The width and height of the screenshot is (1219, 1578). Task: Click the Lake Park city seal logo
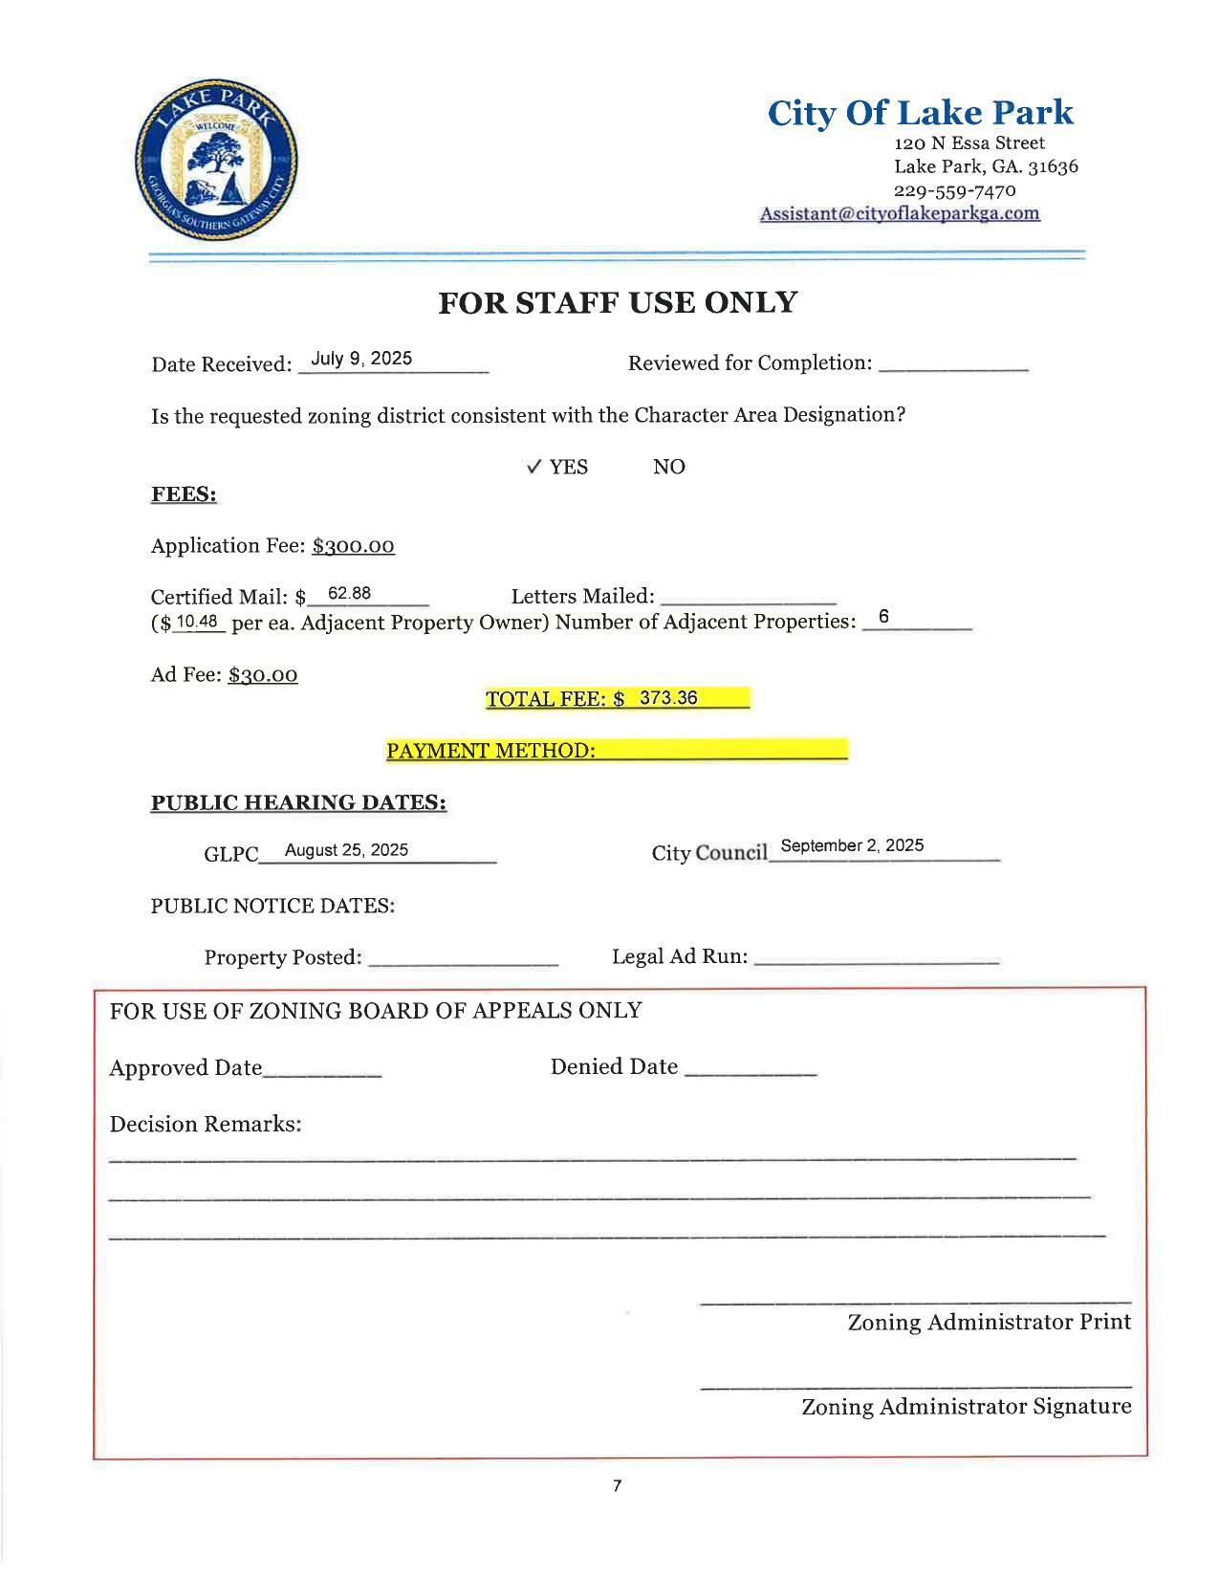click(216, 160)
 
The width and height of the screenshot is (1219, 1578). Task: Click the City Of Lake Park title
click(920, 113)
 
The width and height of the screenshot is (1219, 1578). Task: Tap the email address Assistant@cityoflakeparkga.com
click(900, 213)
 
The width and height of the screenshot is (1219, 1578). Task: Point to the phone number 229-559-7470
click(954, 189)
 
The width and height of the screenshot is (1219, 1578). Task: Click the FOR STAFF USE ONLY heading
click(617, 302)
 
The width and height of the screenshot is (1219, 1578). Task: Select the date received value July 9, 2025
click(361, 359)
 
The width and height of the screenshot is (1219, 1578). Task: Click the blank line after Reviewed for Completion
click(952, 365)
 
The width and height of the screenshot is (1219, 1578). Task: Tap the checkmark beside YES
click(534, 466)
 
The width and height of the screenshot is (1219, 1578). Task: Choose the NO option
click(668, 467)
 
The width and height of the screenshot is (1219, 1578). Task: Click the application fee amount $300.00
click(353, 546)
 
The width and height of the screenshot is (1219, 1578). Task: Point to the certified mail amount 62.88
click(349, 593)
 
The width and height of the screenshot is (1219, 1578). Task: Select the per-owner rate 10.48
click(198, 621)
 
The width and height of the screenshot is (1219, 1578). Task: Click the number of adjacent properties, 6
click(883, 617)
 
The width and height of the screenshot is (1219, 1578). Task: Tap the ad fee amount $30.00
click(263, 675)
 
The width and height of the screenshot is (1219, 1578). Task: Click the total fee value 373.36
click(668, 698)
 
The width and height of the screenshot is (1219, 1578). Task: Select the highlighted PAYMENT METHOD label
click(490, 751)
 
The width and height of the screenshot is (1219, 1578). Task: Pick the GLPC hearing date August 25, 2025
click(346, 850)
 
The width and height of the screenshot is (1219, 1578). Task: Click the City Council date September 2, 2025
click(852, 845)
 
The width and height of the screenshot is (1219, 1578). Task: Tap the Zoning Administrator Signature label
click(966, 1407)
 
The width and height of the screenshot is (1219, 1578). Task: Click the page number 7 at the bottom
click(617, 1486)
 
